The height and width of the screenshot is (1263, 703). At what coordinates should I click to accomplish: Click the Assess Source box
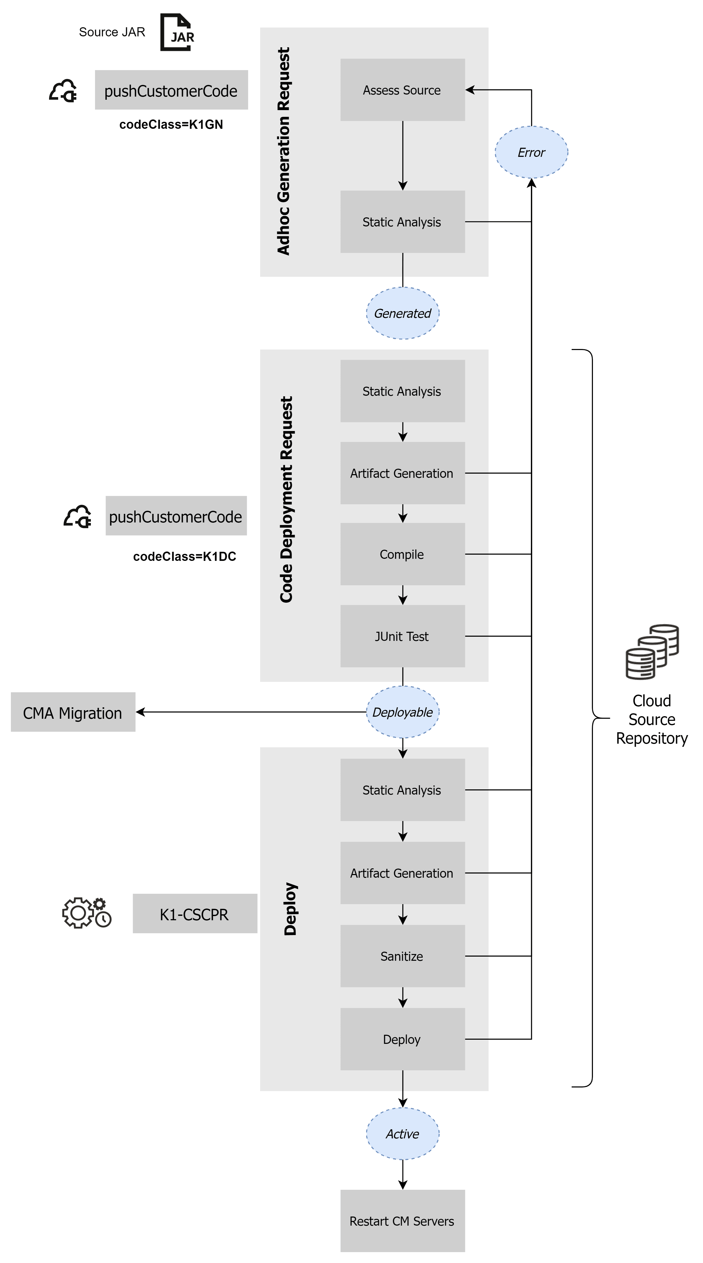point(402,90)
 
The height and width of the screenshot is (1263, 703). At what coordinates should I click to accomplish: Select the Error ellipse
point(531,152)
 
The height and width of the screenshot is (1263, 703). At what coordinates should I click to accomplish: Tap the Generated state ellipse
point(402,313)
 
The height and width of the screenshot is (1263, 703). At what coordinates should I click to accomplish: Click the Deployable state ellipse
point(402,712)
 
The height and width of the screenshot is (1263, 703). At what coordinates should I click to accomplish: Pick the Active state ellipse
point(402,1134)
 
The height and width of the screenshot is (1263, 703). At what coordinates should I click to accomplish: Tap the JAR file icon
point(178,32)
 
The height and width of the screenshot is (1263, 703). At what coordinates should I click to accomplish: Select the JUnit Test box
point(402,636)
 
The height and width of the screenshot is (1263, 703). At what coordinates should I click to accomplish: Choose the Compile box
point(402,554)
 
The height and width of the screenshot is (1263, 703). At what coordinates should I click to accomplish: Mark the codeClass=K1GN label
point(171,125)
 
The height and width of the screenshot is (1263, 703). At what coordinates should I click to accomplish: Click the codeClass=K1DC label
point(184,556)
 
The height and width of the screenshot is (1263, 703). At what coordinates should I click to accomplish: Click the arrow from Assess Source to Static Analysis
point(402,156)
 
